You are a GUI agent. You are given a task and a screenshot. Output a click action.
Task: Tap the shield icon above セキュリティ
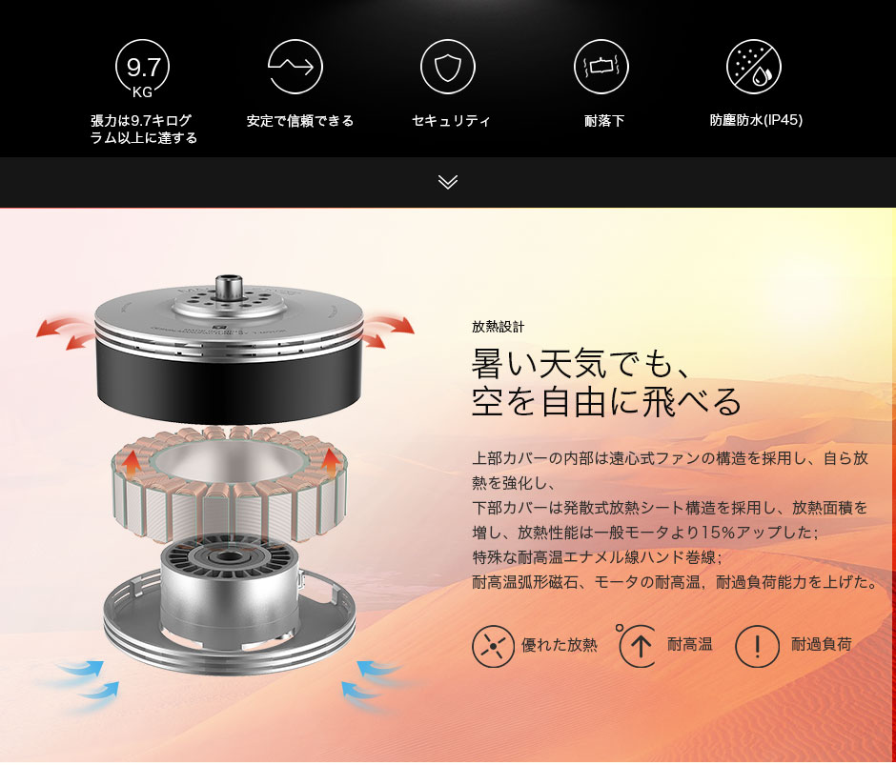[448, 67]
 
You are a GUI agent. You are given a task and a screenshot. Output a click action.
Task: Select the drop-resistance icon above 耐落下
[601, 67]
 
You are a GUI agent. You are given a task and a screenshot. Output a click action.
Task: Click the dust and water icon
[754, 67]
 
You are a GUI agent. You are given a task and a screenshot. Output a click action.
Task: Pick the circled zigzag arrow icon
[295, 67]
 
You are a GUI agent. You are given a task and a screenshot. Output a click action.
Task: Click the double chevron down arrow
[448, 182]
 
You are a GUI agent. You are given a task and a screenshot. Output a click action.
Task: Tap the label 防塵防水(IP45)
[756, 120]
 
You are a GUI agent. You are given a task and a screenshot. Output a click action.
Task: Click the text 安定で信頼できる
[300, 121]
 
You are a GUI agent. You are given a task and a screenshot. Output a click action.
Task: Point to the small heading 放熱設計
[498, 327]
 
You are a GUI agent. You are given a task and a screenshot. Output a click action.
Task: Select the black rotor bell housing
[229, 374]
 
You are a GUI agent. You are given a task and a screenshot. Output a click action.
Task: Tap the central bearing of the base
[229, 556]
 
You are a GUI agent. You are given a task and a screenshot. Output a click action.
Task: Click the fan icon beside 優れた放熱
[493, 646]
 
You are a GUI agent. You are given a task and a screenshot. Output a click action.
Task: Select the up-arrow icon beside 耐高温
[641, 646]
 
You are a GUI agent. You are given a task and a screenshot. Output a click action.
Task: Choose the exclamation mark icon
[757, 646]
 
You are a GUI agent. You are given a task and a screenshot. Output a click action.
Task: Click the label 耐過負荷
[821, 644]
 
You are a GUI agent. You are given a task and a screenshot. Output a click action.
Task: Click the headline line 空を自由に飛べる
[606, 402]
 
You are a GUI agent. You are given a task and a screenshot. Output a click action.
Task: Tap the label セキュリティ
[452, 121]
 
